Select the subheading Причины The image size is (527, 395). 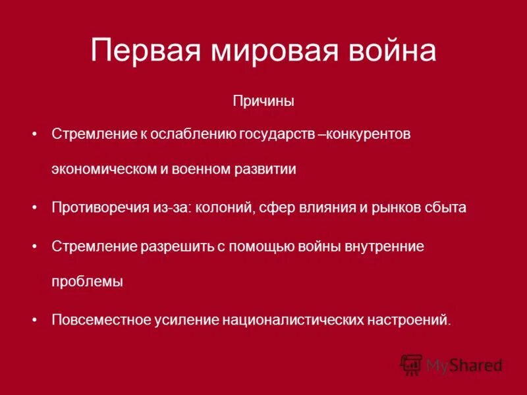point(263,101)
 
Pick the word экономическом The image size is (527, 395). point(104,169)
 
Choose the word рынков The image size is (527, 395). point(395,207)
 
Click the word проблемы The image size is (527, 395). point(88,281)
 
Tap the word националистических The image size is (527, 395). point(291,319)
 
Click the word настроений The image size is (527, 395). point(408,319)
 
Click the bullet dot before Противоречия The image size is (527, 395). point(35,207)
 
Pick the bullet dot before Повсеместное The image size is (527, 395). point(35,319)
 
